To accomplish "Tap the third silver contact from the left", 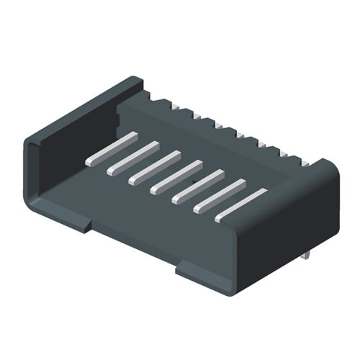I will tap(154, 166).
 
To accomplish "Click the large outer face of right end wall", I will tap(288, 223).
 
